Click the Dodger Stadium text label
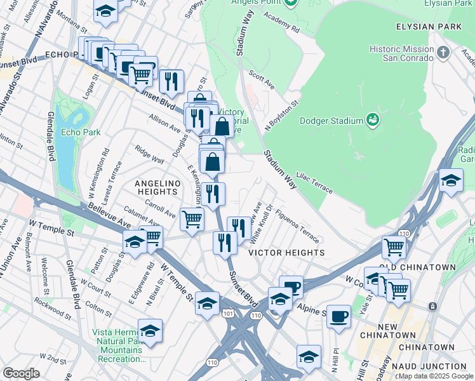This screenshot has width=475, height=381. point(331,120)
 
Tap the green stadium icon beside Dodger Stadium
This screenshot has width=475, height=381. point(373,119)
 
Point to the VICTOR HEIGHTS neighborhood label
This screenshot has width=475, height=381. point(286,252)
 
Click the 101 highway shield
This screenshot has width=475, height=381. point(228,313)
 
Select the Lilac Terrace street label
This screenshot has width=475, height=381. point(314,185)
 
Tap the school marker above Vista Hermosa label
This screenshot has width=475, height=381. point(150,331)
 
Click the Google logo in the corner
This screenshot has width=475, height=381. point(20,373)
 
